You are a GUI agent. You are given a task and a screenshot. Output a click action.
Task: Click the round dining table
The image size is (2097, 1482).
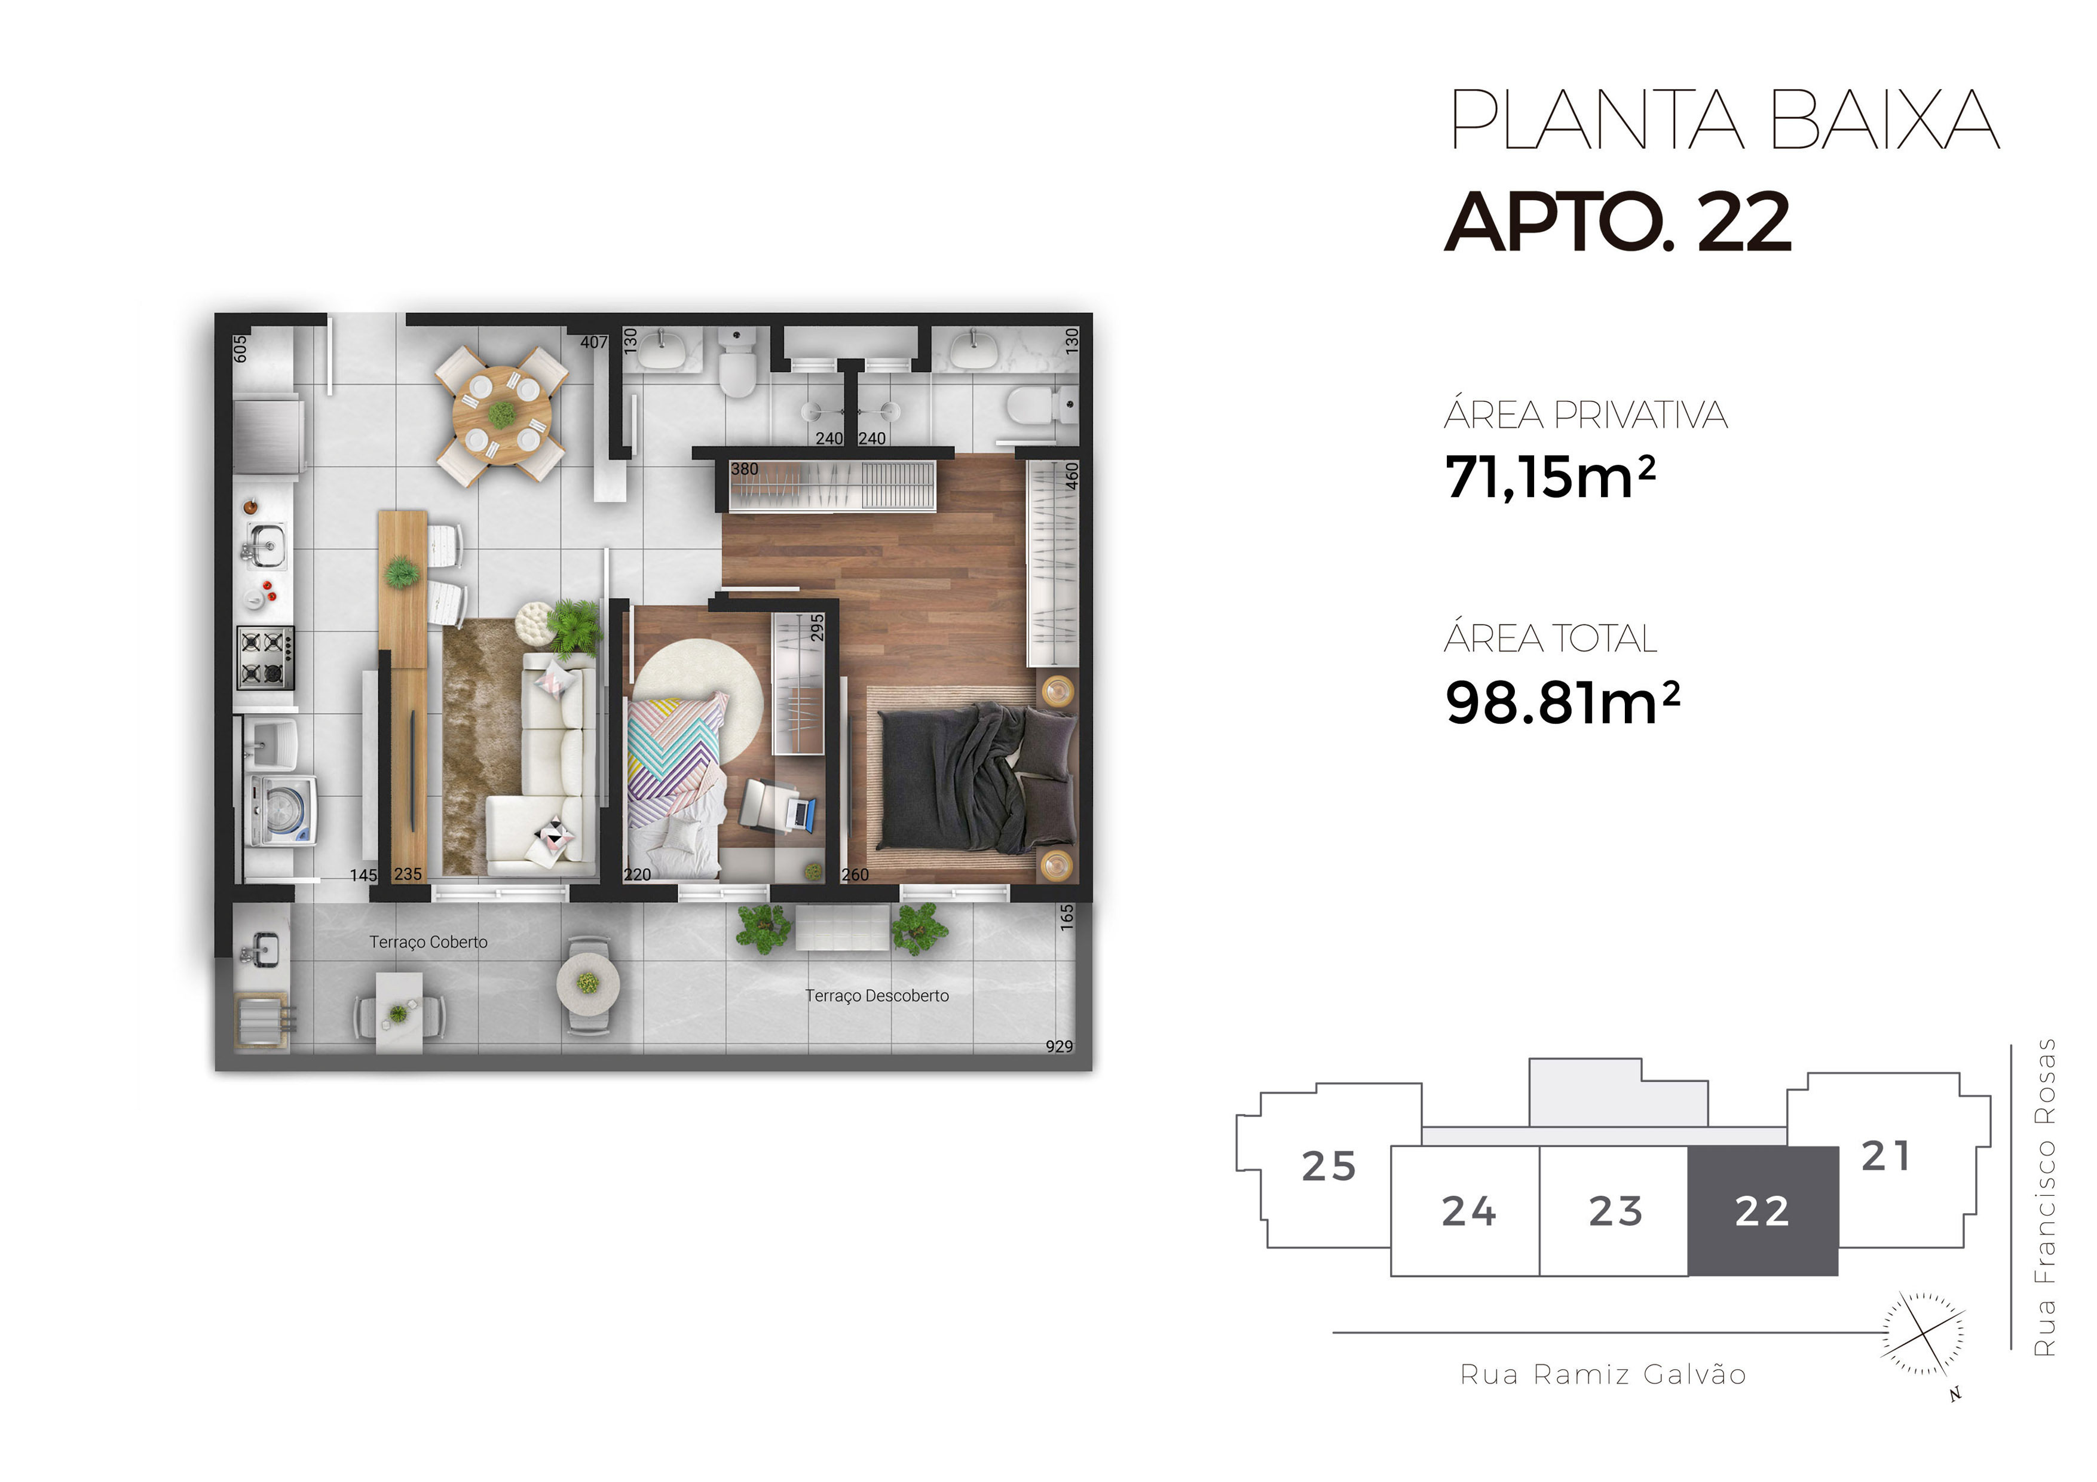click(x=501, y=416)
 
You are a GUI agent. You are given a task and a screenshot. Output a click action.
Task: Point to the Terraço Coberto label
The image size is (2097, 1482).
click(x=428, y=941)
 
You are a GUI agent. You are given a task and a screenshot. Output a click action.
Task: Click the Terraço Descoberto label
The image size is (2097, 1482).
click(x=877, y=995)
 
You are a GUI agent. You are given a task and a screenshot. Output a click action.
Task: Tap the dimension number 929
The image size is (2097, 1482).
click(x=1060, y=1045)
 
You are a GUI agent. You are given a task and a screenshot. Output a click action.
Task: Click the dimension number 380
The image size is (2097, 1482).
click(x=745, y=468)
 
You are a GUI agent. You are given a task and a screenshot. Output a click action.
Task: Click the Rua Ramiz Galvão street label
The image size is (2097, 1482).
click(x=1603, y=1374)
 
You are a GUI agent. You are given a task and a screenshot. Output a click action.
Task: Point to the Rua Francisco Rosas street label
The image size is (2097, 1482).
click(x=2046, y=1197)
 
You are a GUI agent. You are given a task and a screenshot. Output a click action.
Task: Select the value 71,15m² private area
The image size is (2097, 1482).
click(x=1550, y=477)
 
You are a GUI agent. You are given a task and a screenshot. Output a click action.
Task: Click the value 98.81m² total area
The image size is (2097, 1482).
click(x=1562, y=702)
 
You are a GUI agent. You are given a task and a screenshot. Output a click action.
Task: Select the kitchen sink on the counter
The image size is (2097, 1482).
click(x=267, y=545)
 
